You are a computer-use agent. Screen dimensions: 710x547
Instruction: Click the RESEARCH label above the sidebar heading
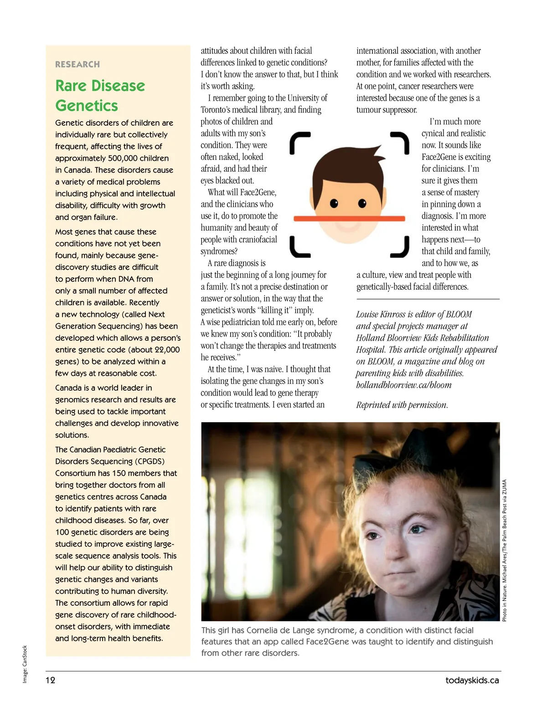pyautogui.click(x=77, y=64)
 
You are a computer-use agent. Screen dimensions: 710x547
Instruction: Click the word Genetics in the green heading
pyautogui.click(x=87, y=106)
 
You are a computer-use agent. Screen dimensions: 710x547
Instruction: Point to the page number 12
pyautogui.click(x=50, y=680)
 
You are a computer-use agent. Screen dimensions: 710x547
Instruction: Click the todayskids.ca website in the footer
pyautogui.click(x=472, y=680)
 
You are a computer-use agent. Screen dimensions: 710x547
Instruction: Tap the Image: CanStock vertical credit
pyautogui.click(x=25, y=664)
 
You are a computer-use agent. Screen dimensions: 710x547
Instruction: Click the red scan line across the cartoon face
pyautogui.click(x=349, y=219)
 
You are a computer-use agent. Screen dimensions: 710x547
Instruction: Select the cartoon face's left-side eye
pyautogui.click(x=334, y=203)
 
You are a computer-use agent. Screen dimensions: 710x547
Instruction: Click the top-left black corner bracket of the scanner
pyautogui.click(x=299, y=142)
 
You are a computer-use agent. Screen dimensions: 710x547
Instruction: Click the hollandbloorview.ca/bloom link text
pyautogui.click(x=404, y=385)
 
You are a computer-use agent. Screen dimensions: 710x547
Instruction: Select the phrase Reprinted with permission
pyautogui.click(x=402, y=405)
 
